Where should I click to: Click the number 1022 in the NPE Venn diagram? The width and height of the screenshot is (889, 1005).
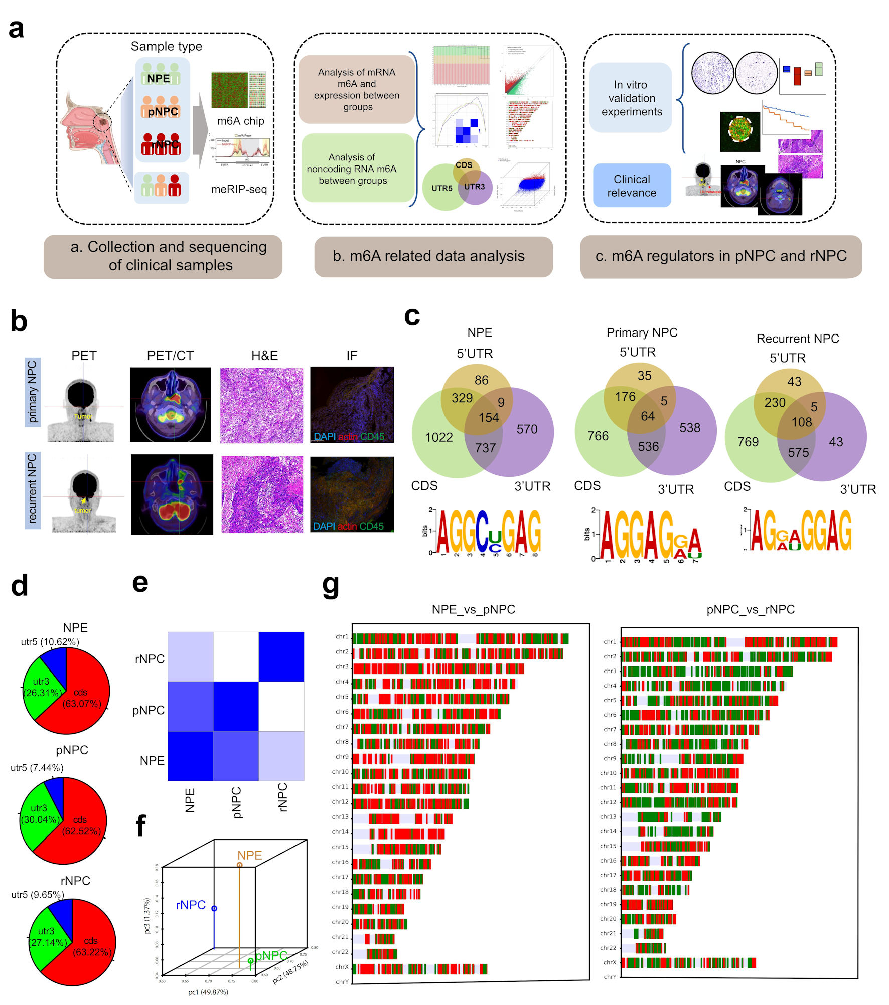coord(438,437)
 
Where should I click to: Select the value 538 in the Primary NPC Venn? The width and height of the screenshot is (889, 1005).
coord(689,428)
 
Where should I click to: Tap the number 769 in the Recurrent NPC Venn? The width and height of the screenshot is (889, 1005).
coord(748,442)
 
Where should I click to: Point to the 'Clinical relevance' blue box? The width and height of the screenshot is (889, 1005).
coord(632,186)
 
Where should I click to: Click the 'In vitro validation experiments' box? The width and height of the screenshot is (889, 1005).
coord(631,98)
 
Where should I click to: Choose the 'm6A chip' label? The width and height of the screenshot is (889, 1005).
coord(240,121)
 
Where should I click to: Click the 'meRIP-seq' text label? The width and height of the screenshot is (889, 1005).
coord(239,189)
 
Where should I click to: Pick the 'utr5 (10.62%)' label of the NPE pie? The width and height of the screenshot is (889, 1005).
coord(50,641)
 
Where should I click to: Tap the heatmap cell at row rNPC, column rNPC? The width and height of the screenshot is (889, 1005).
coord(281,656)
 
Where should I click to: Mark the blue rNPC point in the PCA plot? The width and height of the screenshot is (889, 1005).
coord(214,908)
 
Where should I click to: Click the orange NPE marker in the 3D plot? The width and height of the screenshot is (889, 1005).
coord(240,865)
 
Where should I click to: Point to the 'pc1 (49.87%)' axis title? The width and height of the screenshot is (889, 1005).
coord(208,992)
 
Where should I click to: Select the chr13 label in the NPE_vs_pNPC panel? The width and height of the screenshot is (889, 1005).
coord(340,817)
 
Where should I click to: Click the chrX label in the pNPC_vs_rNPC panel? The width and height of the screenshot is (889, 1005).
coord(609,962)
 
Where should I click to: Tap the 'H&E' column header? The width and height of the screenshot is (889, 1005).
coord(264,356)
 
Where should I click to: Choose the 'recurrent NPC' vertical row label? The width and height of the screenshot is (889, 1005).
coord(32,488)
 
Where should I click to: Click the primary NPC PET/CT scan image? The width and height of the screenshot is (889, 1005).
coord(170,405)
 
